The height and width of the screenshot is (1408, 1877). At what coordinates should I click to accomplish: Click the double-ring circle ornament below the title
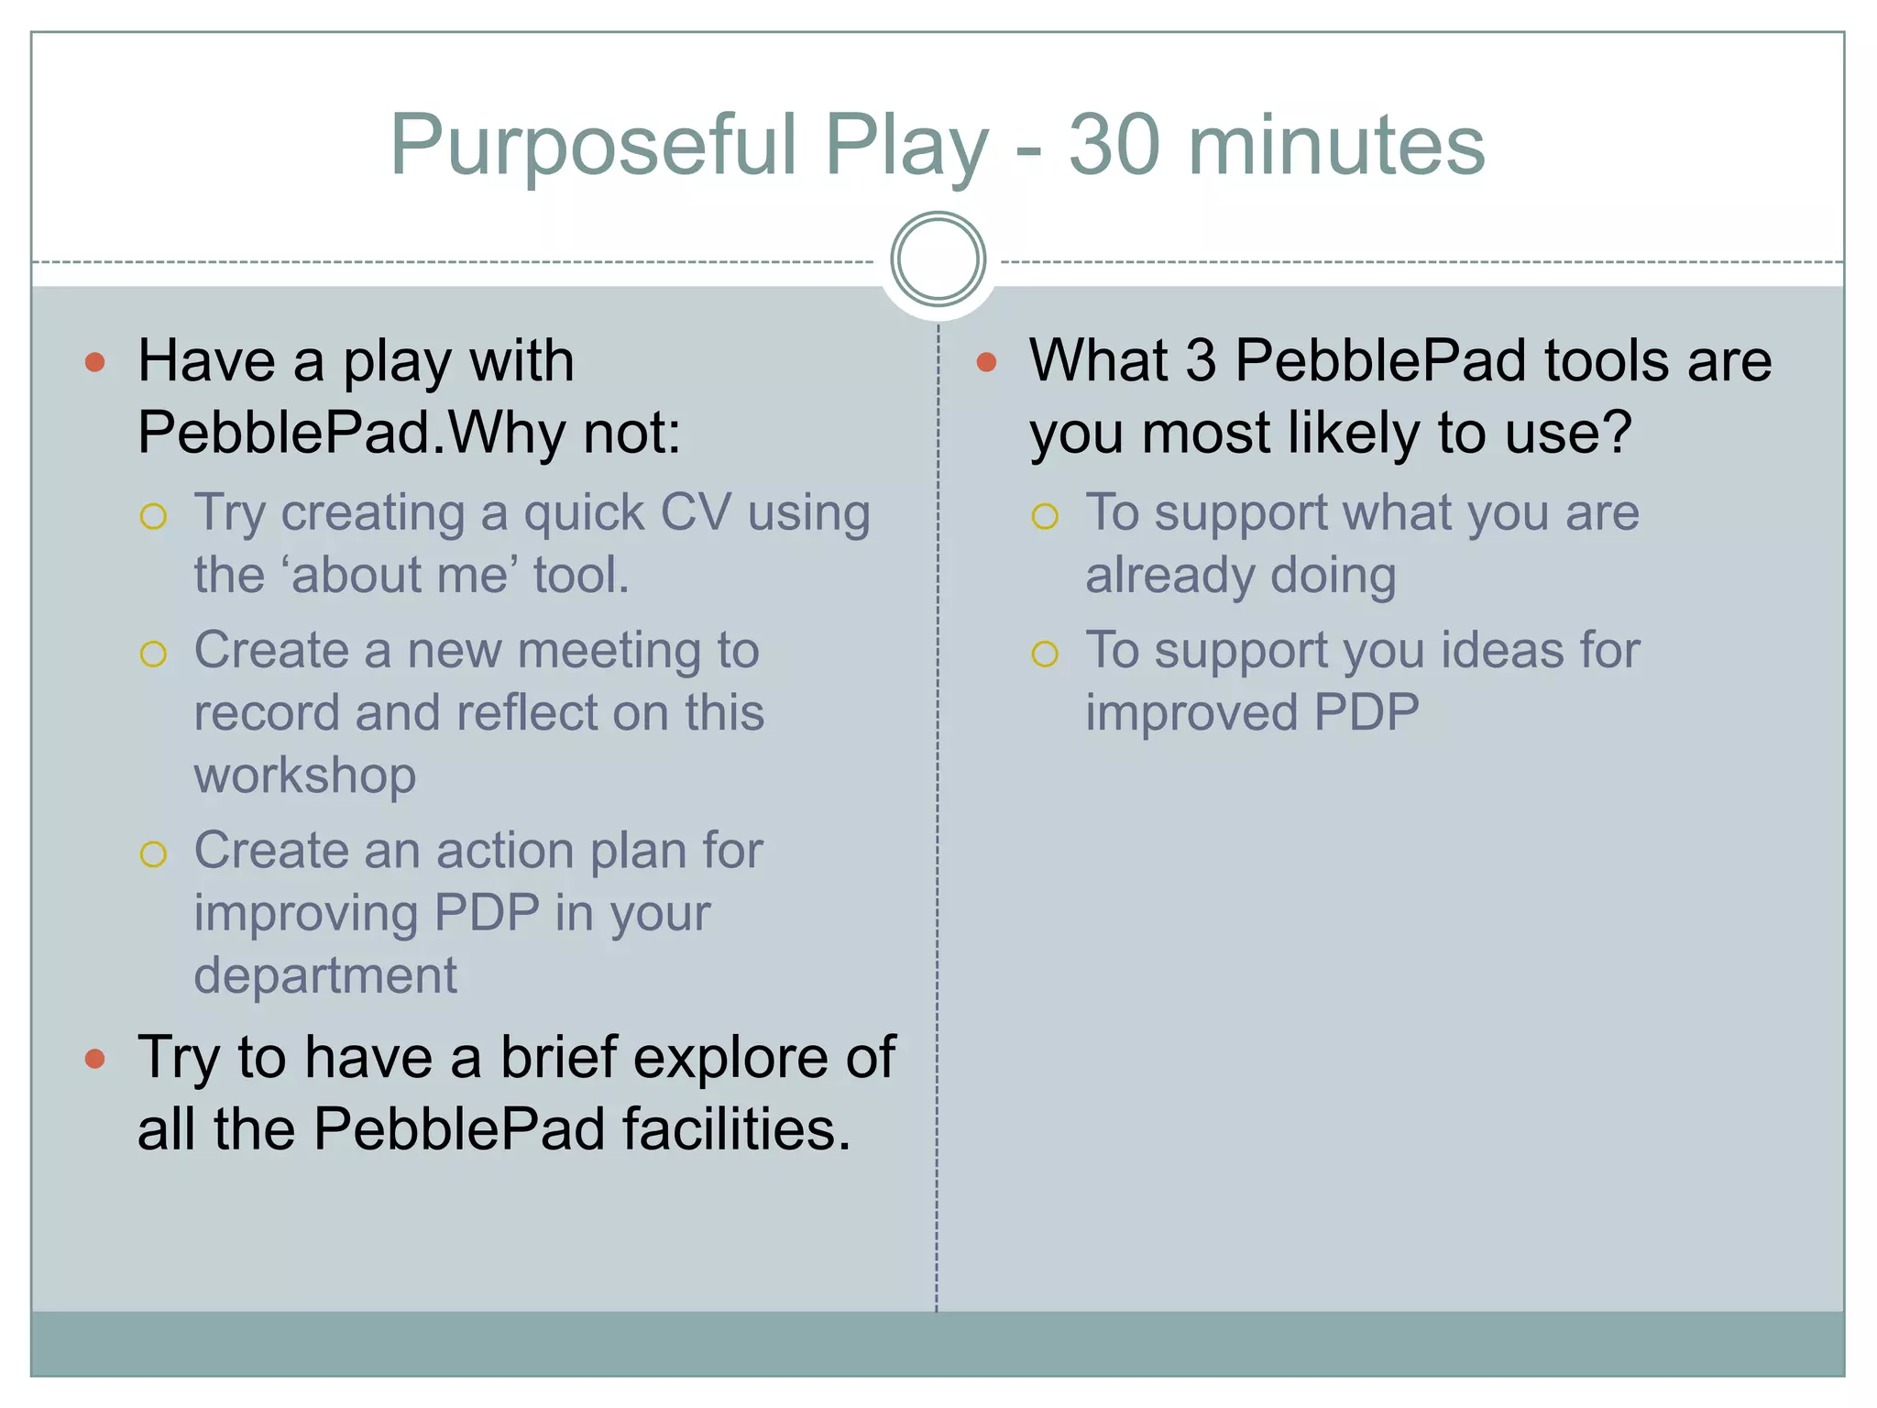point(938,259)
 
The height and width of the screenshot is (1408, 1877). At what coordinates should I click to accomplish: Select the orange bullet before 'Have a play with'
point(94,362)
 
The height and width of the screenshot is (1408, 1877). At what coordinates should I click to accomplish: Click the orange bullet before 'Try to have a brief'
point(94,1060)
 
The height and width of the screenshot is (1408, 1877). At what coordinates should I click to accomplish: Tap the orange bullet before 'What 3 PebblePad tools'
point(986,362)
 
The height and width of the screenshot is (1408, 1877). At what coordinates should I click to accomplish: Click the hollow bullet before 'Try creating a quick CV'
point(153,516)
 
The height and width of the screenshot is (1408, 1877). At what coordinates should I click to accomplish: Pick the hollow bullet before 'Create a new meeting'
point(153,654)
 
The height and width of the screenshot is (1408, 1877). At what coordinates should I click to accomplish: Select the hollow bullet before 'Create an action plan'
point(153,854)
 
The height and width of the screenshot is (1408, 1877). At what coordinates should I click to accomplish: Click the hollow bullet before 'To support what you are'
point(1045,516)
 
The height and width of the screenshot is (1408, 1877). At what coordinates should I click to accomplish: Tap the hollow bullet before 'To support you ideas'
point(1045,654)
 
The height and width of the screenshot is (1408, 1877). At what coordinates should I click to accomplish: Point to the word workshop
point(305,775)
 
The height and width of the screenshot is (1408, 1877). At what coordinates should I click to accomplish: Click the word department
point(325,975)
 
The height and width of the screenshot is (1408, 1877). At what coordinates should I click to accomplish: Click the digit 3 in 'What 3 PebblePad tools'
point(1201,360)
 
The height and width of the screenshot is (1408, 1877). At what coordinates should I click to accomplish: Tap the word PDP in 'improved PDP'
point(1367,712)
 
